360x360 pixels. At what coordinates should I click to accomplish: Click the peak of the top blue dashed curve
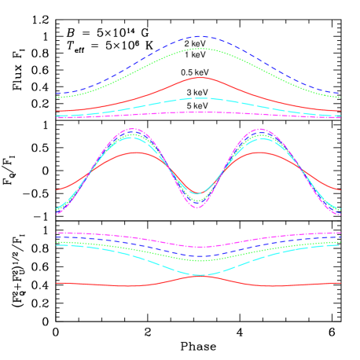click(200, 36)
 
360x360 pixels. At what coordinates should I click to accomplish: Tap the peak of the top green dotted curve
click(200, 49)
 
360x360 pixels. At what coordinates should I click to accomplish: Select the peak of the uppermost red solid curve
click(200, 78)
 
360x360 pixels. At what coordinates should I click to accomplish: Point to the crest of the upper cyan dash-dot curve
click(200, 98)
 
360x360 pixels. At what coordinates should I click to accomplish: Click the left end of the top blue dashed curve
click(57, 94)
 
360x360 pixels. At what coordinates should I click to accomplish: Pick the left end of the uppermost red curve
click(57, 111)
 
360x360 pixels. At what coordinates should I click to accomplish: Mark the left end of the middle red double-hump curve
click(57, 189)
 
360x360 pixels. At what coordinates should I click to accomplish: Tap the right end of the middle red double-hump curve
click(340, 189)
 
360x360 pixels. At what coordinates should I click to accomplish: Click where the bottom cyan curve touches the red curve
click(200, 275)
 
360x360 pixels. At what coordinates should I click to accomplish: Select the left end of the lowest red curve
click(57, 282)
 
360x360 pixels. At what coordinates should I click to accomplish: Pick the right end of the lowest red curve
click(340, 282)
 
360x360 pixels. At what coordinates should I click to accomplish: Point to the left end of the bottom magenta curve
click(57, 233)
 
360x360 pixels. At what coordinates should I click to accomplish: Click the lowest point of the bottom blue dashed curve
click(200, 256)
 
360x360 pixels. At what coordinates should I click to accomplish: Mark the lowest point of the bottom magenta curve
click(200, 247)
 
